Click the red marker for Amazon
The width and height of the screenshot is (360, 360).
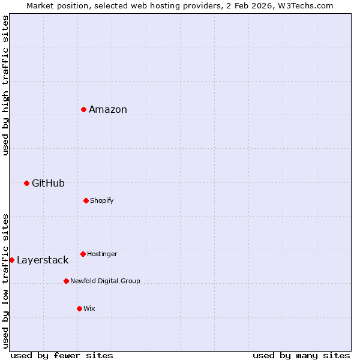pos(83,109)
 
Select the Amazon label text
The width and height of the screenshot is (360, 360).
pos(108,109)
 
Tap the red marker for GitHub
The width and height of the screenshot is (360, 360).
pos(26,183)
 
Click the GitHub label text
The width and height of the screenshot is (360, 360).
pos(48,183)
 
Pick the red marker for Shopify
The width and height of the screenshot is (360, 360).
pos(86,200)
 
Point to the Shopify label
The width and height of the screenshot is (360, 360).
pos(102,200)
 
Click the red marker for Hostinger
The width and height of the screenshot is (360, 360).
pos(83,254)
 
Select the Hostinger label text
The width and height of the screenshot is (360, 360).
pos(102,254)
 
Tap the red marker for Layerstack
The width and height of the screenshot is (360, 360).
pos(11,260)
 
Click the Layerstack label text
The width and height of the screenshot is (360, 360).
pos(43,260)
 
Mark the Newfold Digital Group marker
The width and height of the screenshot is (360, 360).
pos(66,281)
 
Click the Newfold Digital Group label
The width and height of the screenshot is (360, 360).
pos(105,281)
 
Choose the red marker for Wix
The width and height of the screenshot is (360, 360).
pos(79,308)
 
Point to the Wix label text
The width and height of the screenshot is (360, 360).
pos(89,308)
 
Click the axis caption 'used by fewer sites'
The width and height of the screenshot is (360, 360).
pos(62,355)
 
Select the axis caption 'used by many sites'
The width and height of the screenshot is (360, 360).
pos(301,355)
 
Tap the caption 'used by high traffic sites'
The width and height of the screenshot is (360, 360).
pos(5,86)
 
